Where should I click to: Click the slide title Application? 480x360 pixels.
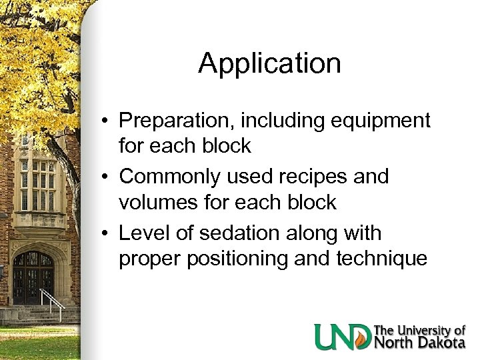click(x=269, y=64)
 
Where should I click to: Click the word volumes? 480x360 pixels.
click(x=157, y=202)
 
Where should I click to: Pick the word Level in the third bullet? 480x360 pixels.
click(x=141, y=233)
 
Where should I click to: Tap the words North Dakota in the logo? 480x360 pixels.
click(x=419, y=343)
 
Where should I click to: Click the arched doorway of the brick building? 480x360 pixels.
click(x=33, y=277)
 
